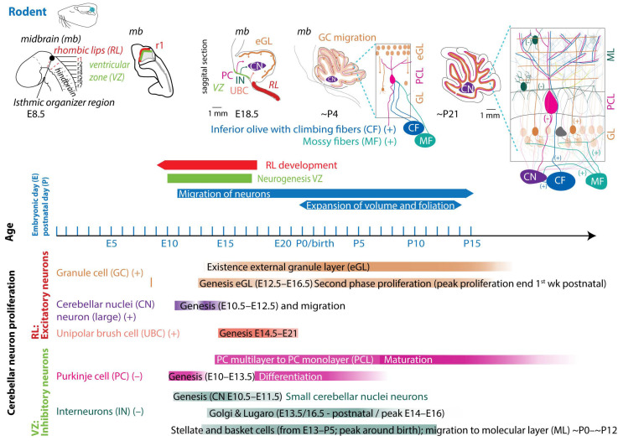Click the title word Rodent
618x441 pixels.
pyautogui.click(x=33, y=11)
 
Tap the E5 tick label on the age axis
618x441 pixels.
pyautogui.click(x=111, y=243)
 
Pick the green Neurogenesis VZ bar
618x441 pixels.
pyautogui.click(x=210, y=179)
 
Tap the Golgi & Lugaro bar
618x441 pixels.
pyautogui.click(x=327, y=413)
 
